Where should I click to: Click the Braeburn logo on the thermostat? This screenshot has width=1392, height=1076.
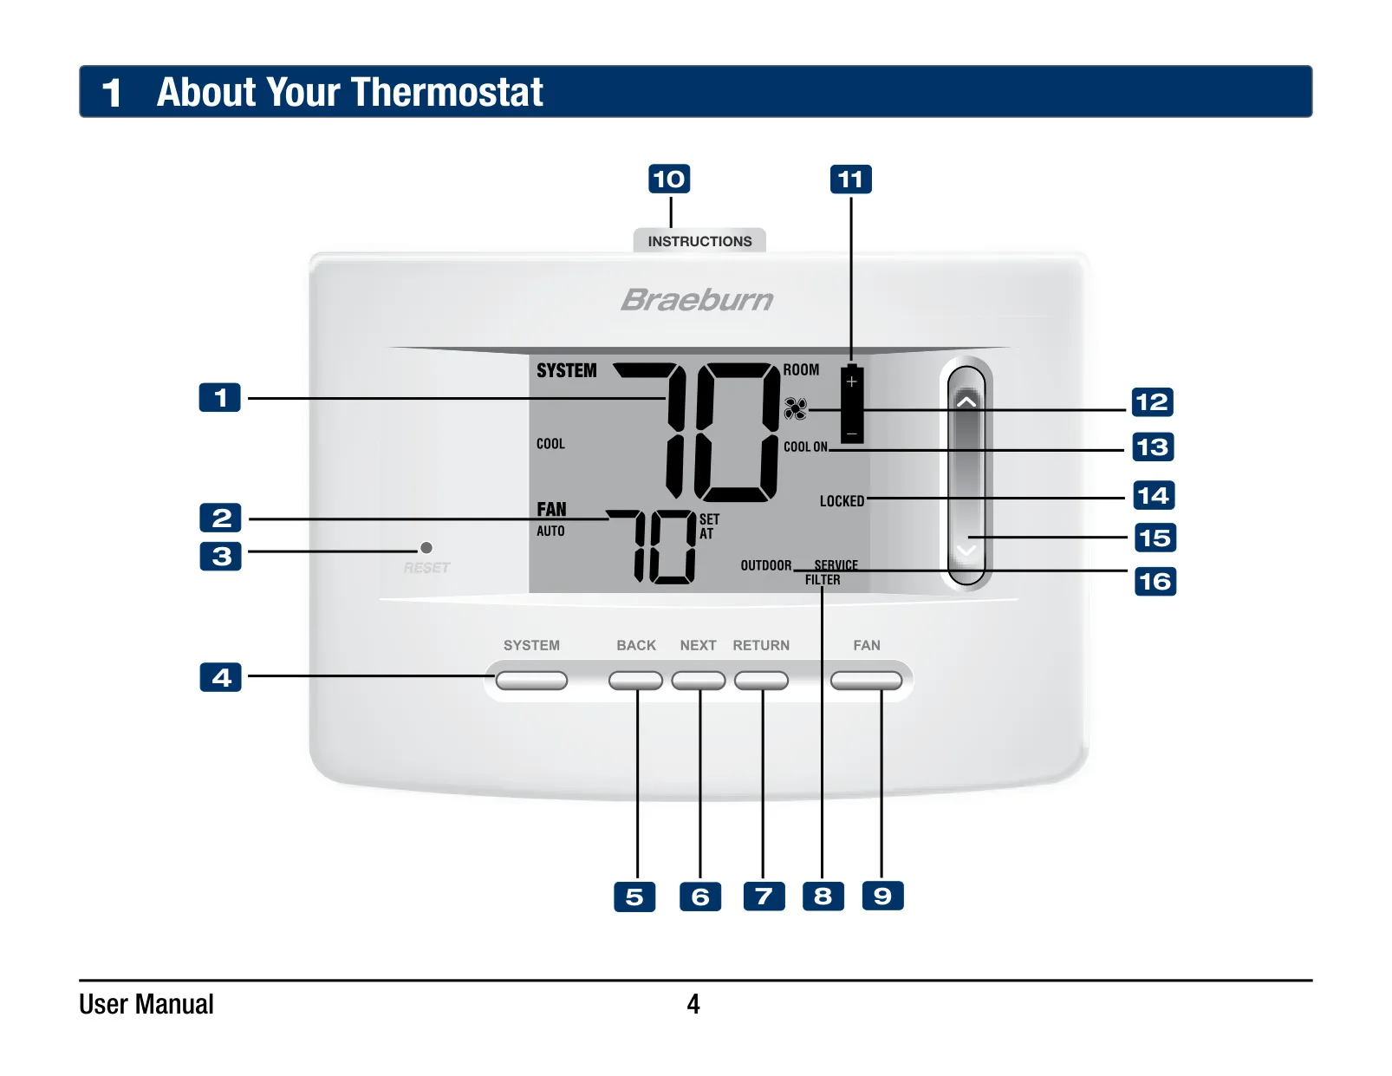(x=697, y=300)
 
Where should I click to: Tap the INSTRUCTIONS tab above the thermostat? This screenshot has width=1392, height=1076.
(x=699, y=240)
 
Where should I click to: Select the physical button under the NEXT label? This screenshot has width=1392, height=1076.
(x=699, y=680)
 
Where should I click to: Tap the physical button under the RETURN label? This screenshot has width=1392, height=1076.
(x=761, y=680)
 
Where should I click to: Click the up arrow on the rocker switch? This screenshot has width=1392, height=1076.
(x=966, y=401)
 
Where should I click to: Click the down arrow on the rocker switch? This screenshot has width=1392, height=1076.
(x=966, y=551)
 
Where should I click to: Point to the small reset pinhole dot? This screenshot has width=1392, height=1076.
(x=426, y=548)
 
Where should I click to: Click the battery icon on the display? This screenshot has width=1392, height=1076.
(x=852, y=404)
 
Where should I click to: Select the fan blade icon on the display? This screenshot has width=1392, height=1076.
(x=795, y=409)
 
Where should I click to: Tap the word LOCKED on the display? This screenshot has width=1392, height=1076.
(x=842, y=500)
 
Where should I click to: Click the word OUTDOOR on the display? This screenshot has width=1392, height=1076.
(x=766, y=565)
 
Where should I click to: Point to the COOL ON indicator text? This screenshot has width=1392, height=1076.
(x=805, y=447)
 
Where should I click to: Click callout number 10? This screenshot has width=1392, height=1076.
(x=669, y=179)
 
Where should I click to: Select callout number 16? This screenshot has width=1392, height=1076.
(x=1155, y=581)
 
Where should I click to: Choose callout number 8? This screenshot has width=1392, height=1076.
(x=823, y=896)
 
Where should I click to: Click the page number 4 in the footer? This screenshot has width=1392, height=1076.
(x=693, y=1003)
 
